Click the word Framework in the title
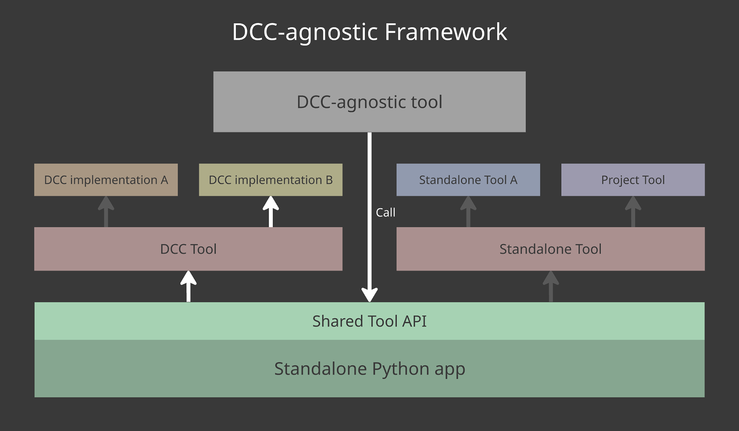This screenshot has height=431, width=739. tap(446, 32)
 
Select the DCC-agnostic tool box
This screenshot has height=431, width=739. tap(369, 102)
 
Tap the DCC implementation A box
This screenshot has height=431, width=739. tap(106, 180)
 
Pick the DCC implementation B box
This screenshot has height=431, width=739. tap(271, 180)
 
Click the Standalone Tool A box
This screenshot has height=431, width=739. tap(468, 180)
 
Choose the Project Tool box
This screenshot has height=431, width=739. tap(633, 180)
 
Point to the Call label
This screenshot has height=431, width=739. tap(385, 213)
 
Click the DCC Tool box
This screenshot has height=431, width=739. tap(188, 249)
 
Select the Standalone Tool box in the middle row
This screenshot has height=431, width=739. tap(550, 249)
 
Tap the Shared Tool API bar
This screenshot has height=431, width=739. tap(369, 321)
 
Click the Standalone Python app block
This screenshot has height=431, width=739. tap(369, 369)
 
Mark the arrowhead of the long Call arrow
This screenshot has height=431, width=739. tap(369, 295)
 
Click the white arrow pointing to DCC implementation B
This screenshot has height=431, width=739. tap(271, 212)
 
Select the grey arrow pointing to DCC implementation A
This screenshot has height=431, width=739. tap(106, 212)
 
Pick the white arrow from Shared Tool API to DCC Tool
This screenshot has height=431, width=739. tap(189, 286)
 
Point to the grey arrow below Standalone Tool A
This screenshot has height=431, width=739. tap(468, 212)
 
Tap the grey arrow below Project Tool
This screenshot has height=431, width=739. tap(633, 212)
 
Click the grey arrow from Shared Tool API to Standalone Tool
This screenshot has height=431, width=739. tap(551, 286)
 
